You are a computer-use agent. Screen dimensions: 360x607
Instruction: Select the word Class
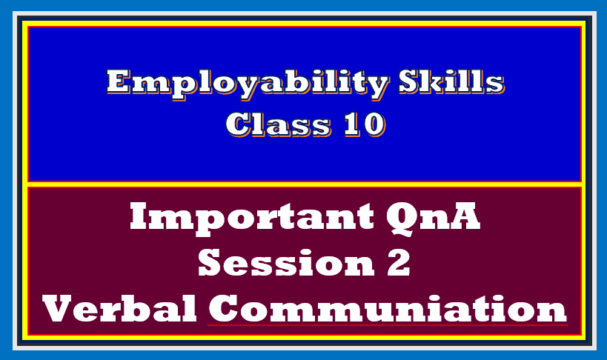click(277, 123)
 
